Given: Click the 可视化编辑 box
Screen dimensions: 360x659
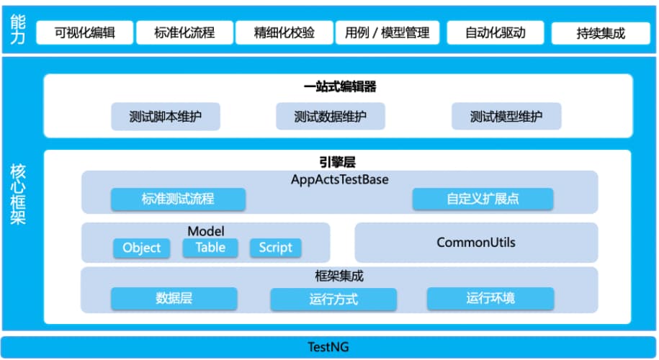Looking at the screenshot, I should (85, 32).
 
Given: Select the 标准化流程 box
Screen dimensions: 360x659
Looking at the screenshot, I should (184, 32).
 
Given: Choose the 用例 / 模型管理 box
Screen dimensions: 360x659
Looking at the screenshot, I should (387, 32).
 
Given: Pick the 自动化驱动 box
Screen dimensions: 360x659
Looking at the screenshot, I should (495, 32).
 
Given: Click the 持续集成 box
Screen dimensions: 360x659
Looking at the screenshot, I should (601, 32).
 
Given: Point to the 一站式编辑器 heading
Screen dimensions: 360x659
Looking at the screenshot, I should (339, 87).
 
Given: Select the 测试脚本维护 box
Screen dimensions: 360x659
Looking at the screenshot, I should (165, 117).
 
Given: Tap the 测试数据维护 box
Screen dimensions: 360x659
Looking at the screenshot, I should (330, 117).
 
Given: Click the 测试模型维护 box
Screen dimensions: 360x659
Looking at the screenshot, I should (506, 117).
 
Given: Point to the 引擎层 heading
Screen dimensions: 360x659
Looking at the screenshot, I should (338, 163).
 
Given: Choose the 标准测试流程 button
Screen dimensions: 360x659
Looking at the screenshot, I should (178, 199).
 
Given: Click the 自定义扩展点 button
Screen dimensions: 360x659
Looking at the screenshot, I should (483, 199).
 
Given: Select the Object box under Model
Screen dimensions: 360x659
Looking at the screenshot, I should (142, 248).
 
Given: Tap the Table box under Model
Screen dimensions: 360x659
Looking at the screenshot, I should (210, 248).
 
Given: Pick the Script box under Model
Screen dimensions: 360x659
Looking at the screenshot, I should (275, 248).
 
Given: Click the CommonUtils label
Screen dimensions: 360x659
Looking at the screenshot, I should (476, 243).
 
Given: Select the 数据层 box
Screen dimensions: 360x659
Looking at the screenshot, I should (174, 298).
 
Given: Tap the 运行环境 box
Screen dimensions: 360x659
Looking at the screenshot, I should (490, 298).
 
